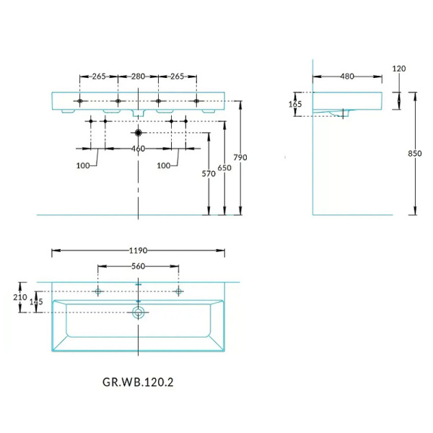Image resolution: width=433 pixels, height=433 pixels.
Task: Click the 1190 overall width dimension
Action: tap(138, 251)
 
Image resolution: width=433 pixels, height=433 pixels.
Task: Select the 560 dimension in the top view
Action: tap(138, 266)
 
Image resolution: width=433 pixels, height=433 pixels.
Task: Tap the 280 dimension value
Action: tap(138, 76)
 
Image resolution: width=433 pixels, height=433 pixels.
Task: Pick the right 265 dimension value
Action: tap(178, 76)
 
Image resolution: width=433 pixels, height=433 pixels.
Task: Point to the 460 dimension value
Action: tap(138, 149)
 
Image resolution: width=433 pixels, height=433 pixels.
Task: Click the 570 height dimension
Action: tap(209, 173)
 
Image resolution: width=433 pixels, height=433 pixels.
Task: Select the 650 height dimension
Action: tap(225, 167)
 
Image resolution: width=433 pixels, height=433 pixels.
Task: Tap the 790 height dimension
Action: tap(241, 158)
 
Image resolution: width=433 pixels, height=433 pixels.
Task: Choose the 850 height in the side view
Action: tap(414, 153)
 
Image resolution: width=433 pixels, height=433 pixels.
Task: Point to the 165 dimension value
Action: tap(295, 104)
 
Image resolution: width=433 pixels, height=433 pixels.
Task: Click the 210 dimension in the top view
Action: tap(19, 297)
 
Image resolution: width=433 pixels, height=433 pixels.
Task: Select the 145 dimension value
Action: tap(36, 302)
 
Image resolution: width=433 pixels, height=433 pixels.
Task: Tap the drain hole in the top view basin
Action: tap(138, 313)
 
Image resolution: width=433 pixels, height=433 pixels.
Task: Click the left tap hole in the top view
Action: tap(98, 291)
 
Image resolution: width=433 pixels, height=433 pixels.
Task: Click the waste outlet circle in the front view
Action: tap(138, 133)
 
